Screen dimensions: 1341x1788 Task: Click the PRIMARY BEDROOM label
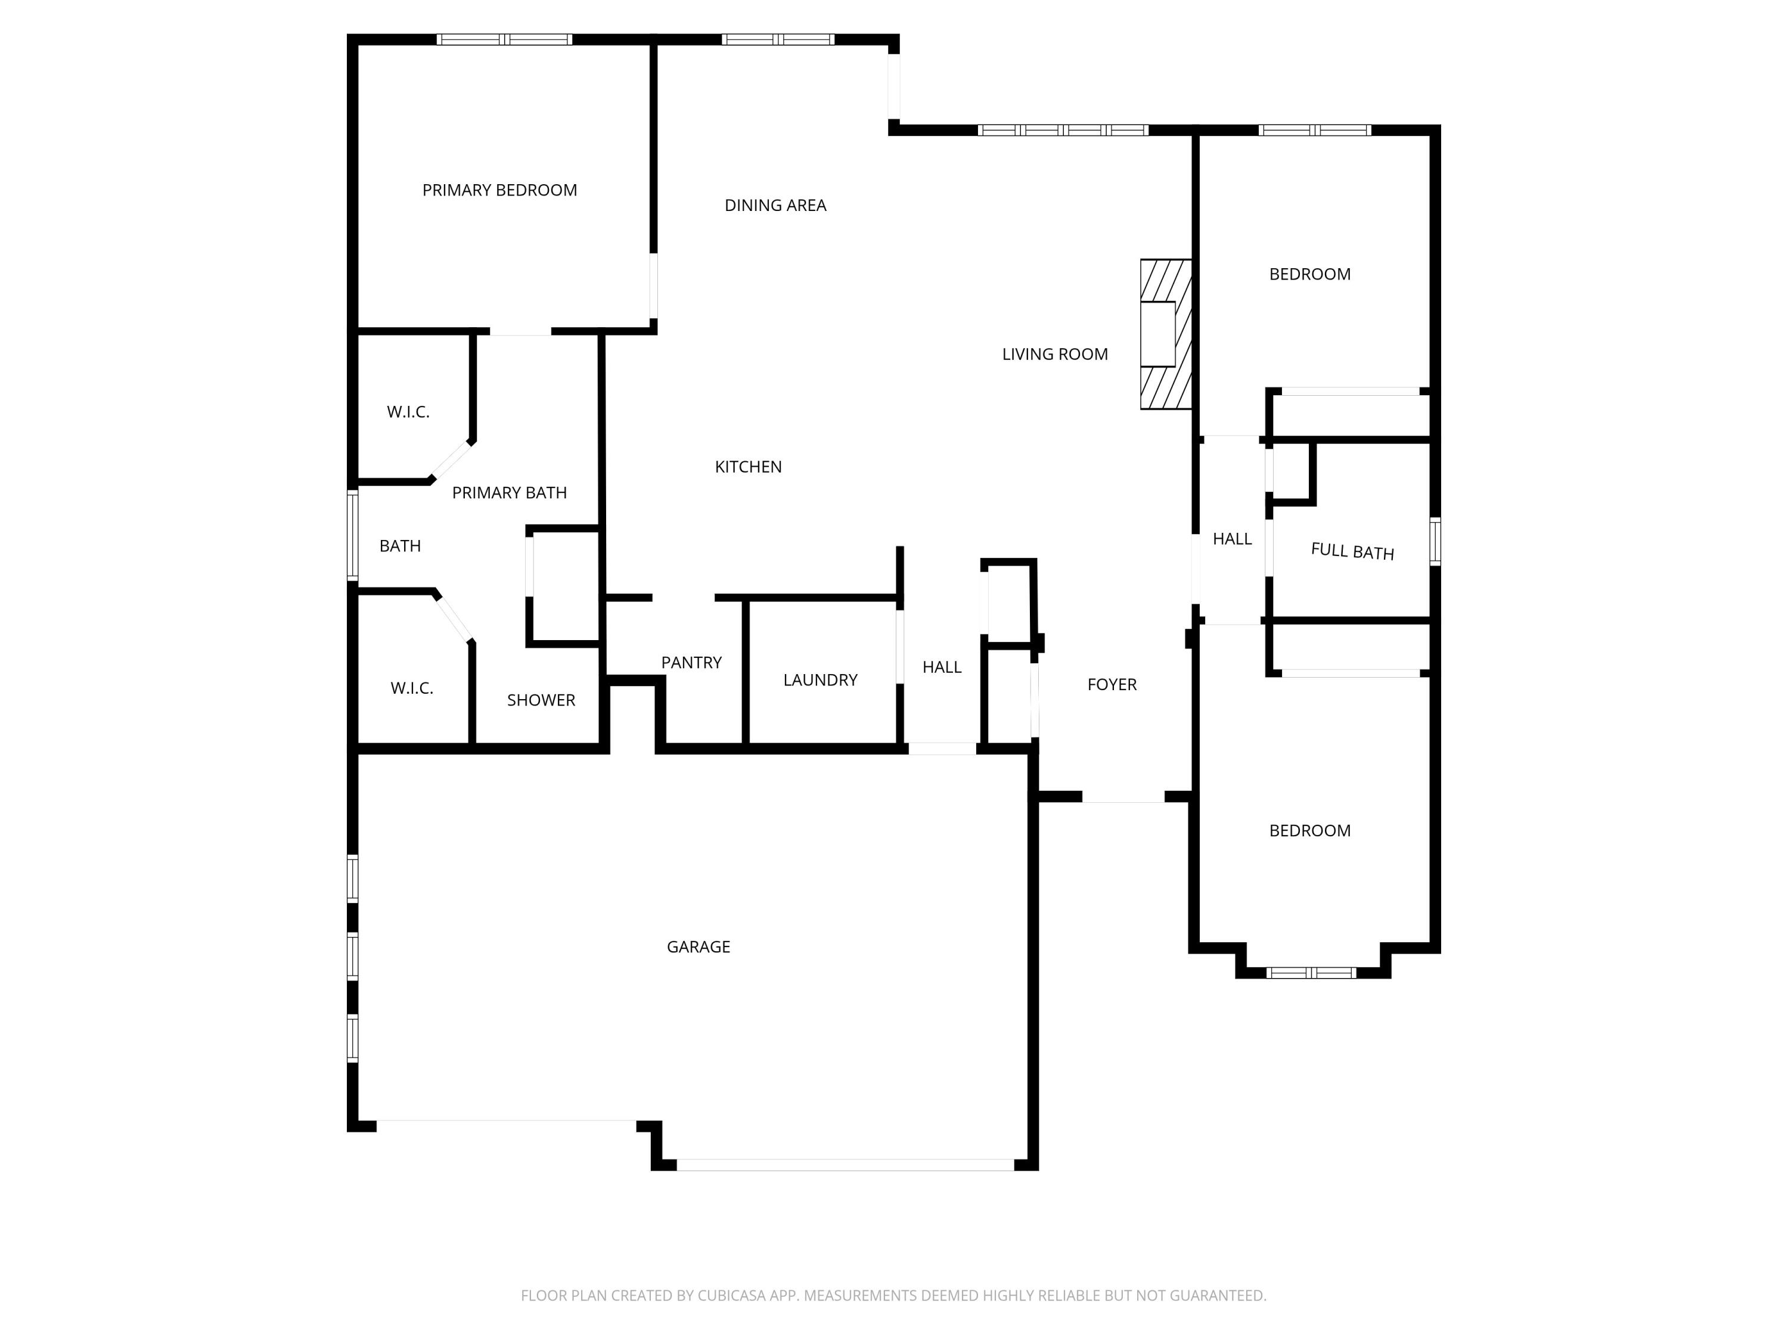click(x=499, y=190)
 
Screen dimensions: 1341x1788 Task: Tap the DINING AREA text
click(x=775, y=205)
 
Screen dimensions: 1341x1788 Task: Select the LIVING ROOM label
click(x=1055, y=354)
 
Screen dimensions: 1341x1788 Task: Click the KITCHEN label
click(x=748, y=467)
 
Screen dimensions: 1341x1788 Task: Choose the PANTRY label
click(x=691, y=663)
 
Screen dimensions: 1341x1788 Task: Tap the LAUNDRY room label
click(x=819, y=680)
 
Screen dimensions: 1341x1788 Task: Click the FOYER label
click(x=1112, y=685)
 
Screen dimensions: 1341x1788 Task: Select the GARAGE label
click(x=699, y=946)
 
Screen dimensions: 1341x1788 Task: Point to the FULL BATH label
click(x=1352, y=551)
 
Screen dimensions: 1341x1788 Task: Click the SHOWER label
click(x=541, y=700)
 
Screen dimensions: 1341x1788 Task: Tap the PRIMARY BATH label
click(x=509, y=492)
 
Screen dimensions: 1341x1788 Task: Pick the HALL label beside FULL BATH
click(x=1232, y=538)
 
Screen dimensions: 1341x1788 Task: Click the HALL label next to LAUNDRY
click(x=942, y=667)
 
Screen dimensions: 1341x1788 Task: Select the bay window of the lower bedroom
click(x=1310, y=973)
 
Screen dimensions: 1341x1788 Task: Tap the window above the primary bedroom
click(x=504, y=39)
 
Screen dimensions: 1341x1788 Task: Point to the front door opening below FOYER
click(x=1123, y=797)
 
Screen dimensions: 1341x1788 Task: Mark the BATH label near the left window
click(x=400, y=545)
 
